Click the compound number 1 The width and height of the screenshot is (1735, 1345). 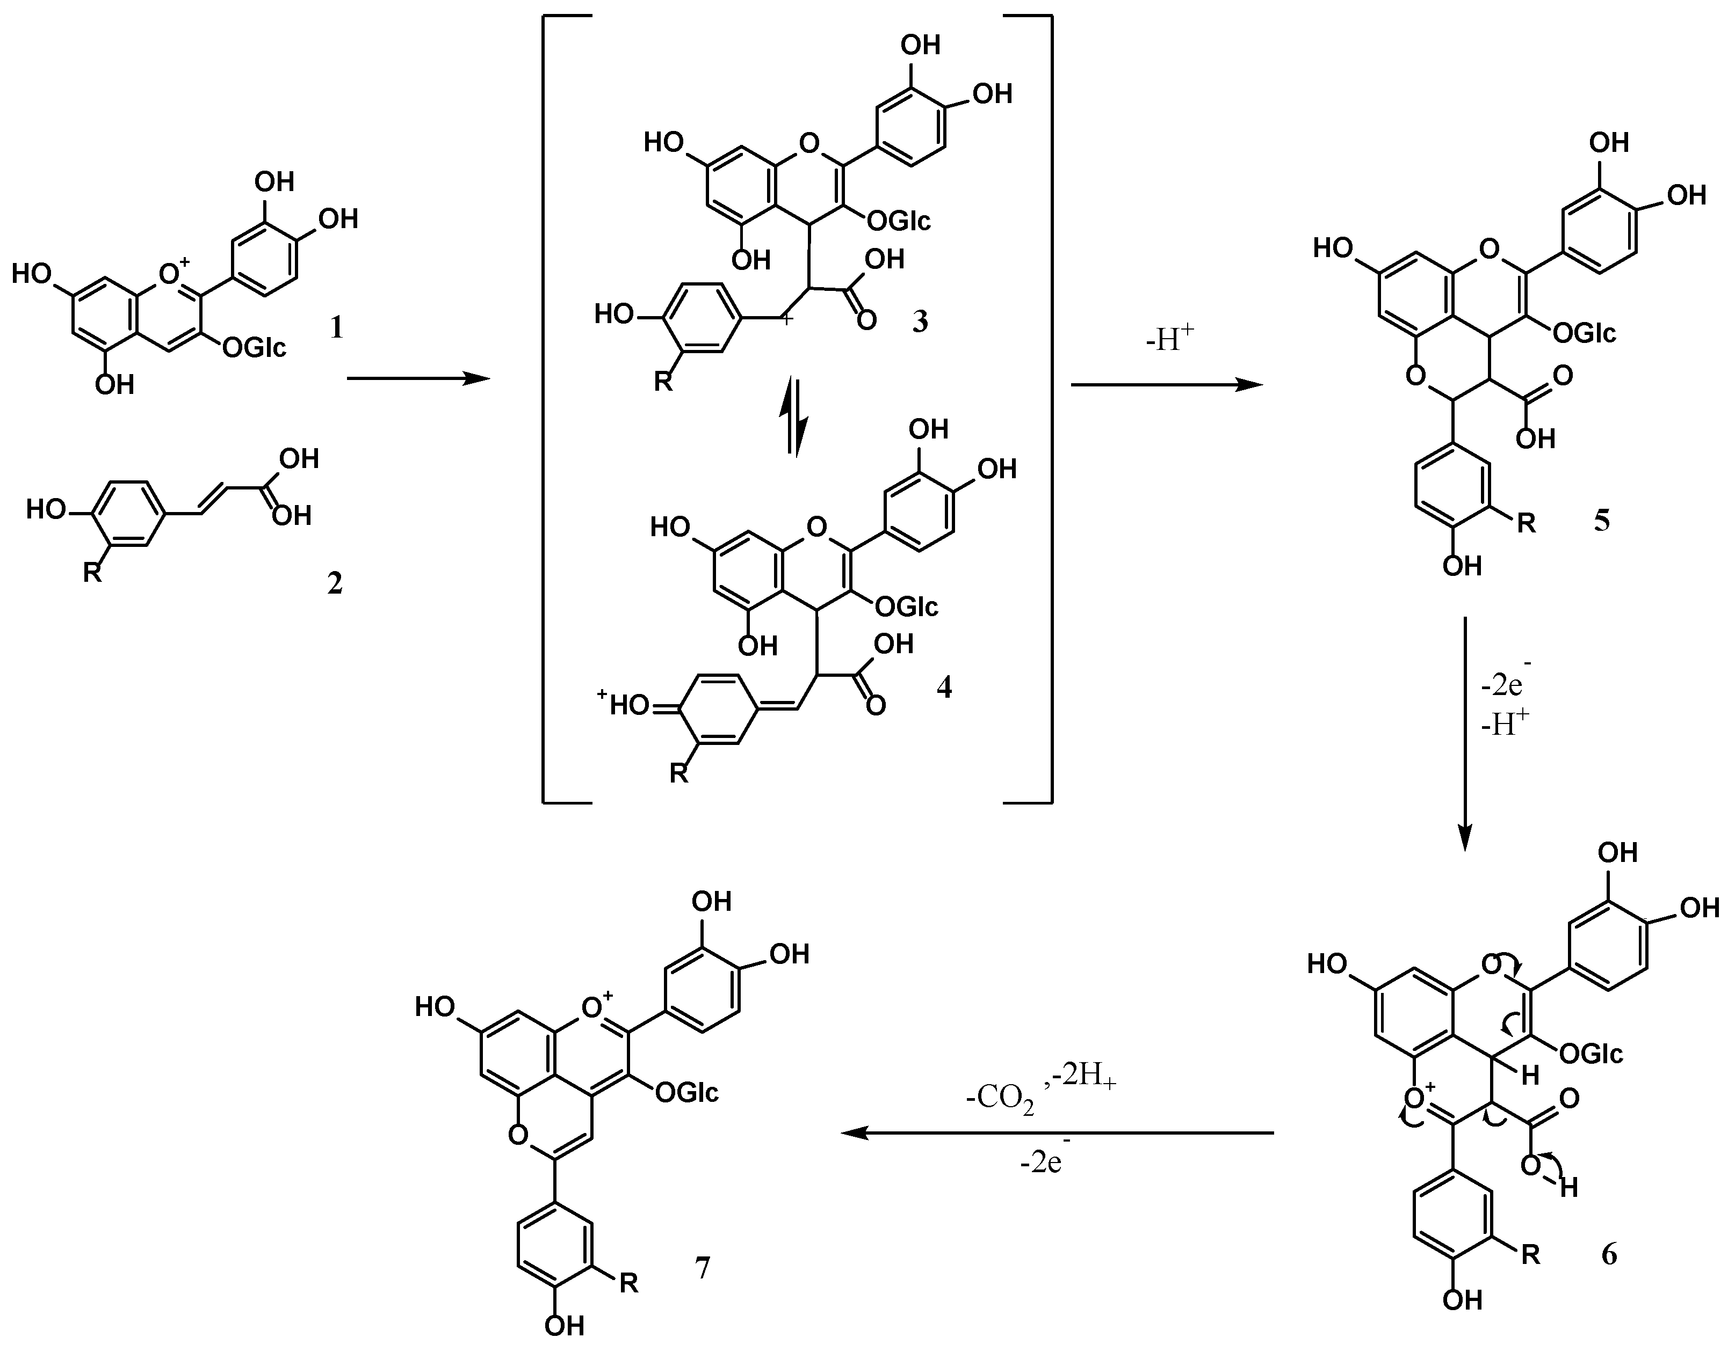337,327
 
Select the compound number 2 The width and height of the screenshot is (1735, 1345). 335,583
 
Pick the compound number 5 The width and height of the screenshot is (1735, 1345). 1602,521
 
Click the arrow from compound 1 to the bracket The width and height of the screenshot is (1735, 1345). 418,379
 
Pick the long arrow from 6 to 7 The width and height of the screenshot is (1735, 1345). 1057,1133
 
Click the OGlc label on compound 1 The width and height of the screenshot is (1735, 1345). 254,347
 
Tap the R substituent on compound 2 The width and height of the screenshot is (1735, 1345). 92,572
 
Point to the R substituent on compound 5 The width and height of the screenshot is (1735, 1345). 1526,523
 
